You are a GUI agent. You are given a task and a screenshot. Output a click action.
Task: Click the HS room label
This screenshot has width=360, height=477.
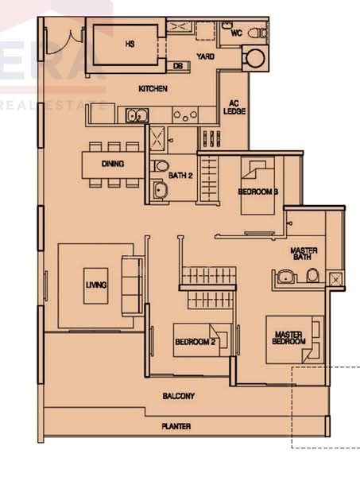pyautogui.click(x=130, y=45)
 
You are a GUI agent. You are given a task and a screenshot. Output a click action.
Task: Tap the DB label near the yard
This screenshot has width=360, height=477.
pyautogui.click(x=178, y=66)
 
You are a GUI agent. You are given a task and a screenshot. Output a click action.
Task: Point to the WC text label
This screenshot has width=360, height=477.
pyautogui.click(x=236, y=33)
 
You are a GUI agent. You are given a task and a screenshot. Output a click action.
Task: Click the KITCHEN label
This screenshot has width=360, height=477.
pyautogui.click(x=153, y=89)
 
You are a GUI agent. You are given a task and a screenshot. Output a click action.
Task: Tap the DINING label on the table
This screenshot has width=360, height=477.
pyautogui.click(x=113, y=165)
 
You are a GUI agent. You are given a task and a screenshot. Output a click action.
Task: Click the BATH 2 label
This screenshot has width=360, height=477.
pyautogui.click(x=180, y=176)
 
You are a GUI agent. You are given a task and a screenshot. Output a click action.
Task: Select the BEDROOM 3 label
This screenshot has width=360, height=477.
pyautogui.click(x=257, y=192)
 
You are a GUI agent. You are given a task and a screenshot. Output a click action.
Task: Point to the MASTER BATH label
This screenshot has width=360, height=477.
pyautogui.click(x=304, y=255)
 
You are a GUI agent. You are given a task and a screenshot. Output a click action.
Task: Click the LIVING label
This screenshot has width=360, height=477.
pyautogui.click(x=97, y=285)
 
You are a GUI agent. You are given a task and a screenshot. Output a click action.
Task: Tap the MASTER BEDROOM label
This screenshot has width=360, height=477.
pyautogui.click(x=290, y=338)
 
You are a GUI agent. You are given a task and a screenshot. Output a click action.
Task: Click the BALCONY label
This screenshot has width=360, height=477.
pyautogui.click(x=179, y=396)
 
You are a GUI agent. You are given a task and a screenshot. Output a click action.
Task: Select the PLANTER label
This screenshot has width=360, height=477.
pyautogui.click(x=176, y=427)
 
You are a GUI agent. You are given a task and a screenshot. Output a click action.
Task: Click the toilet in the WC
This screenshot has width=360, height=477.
pyautogui.click(x=256, y=33)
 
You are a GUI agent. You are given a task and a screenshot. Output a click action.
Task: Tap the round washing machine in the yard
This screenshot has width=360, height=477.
pyautogui.click(x=255, y=58)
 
